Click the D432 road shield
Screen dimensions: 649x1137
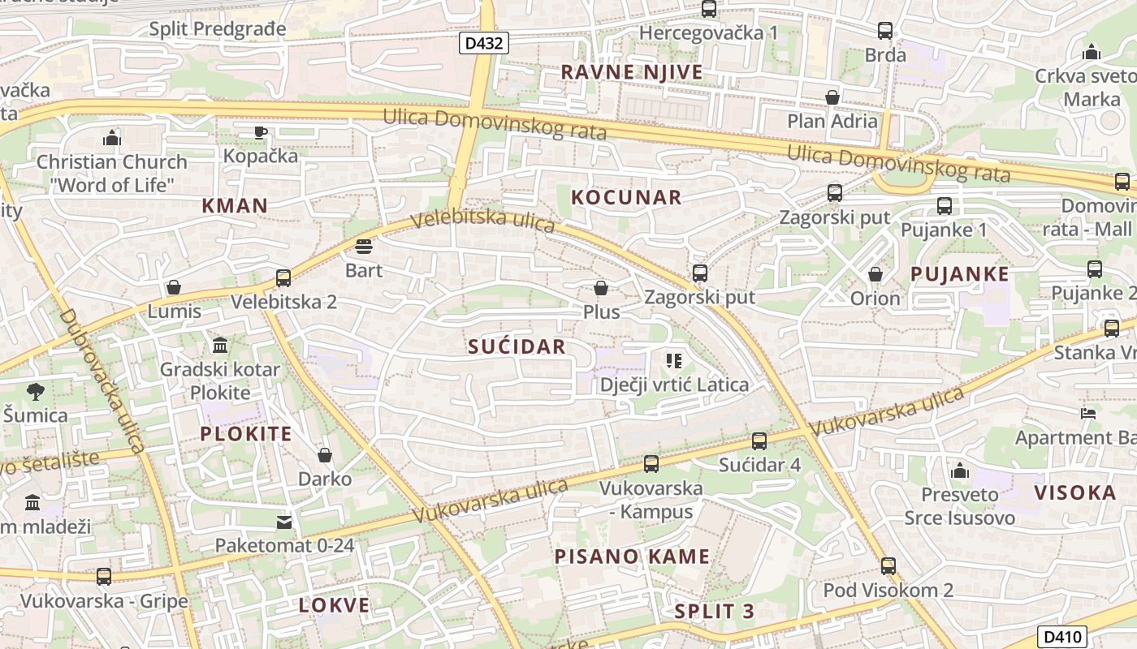coord(484,43)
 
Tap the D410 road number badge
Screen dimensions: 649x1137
coord(1062,637)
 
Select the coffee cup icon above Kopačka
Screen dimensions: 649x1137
coord(260,132)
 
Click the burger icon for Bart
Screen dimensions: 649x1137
coord(363,247)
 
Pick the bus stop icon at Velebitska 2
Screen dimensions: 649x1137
coord(283,278)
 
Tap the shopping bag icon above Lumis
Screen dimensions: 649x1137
coord(174,287)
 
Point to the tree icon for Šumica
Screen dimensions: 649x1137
coord(35,393)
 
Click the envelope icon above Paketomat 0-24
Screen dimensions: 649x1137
coord(284,522)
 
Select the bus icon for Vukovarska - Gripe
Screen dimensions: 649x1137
coord(104,577)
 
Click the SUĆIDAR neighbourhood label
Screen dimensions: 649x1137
coord(517,347)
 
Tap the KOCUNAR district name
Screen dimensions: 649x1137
coord(626,197)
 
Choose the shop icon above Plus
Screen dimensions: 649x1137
coord(601,288)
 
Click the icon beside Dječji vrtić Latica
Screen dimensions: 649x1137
coord(673,360)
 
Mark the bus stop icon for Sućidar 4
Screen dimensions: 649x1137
coord(759,441)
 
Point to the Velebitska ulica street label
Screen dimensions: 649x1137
coord(482,221)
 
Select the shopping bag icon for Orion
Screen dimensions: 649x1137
coord(875,275)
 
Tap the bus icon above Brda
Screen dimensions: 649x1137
coord(885,32)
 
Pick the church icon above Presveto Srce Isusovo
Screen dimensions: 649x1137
coord(960,471)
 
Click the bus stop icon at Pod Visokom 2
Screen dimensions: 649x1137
coord(888,566)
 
